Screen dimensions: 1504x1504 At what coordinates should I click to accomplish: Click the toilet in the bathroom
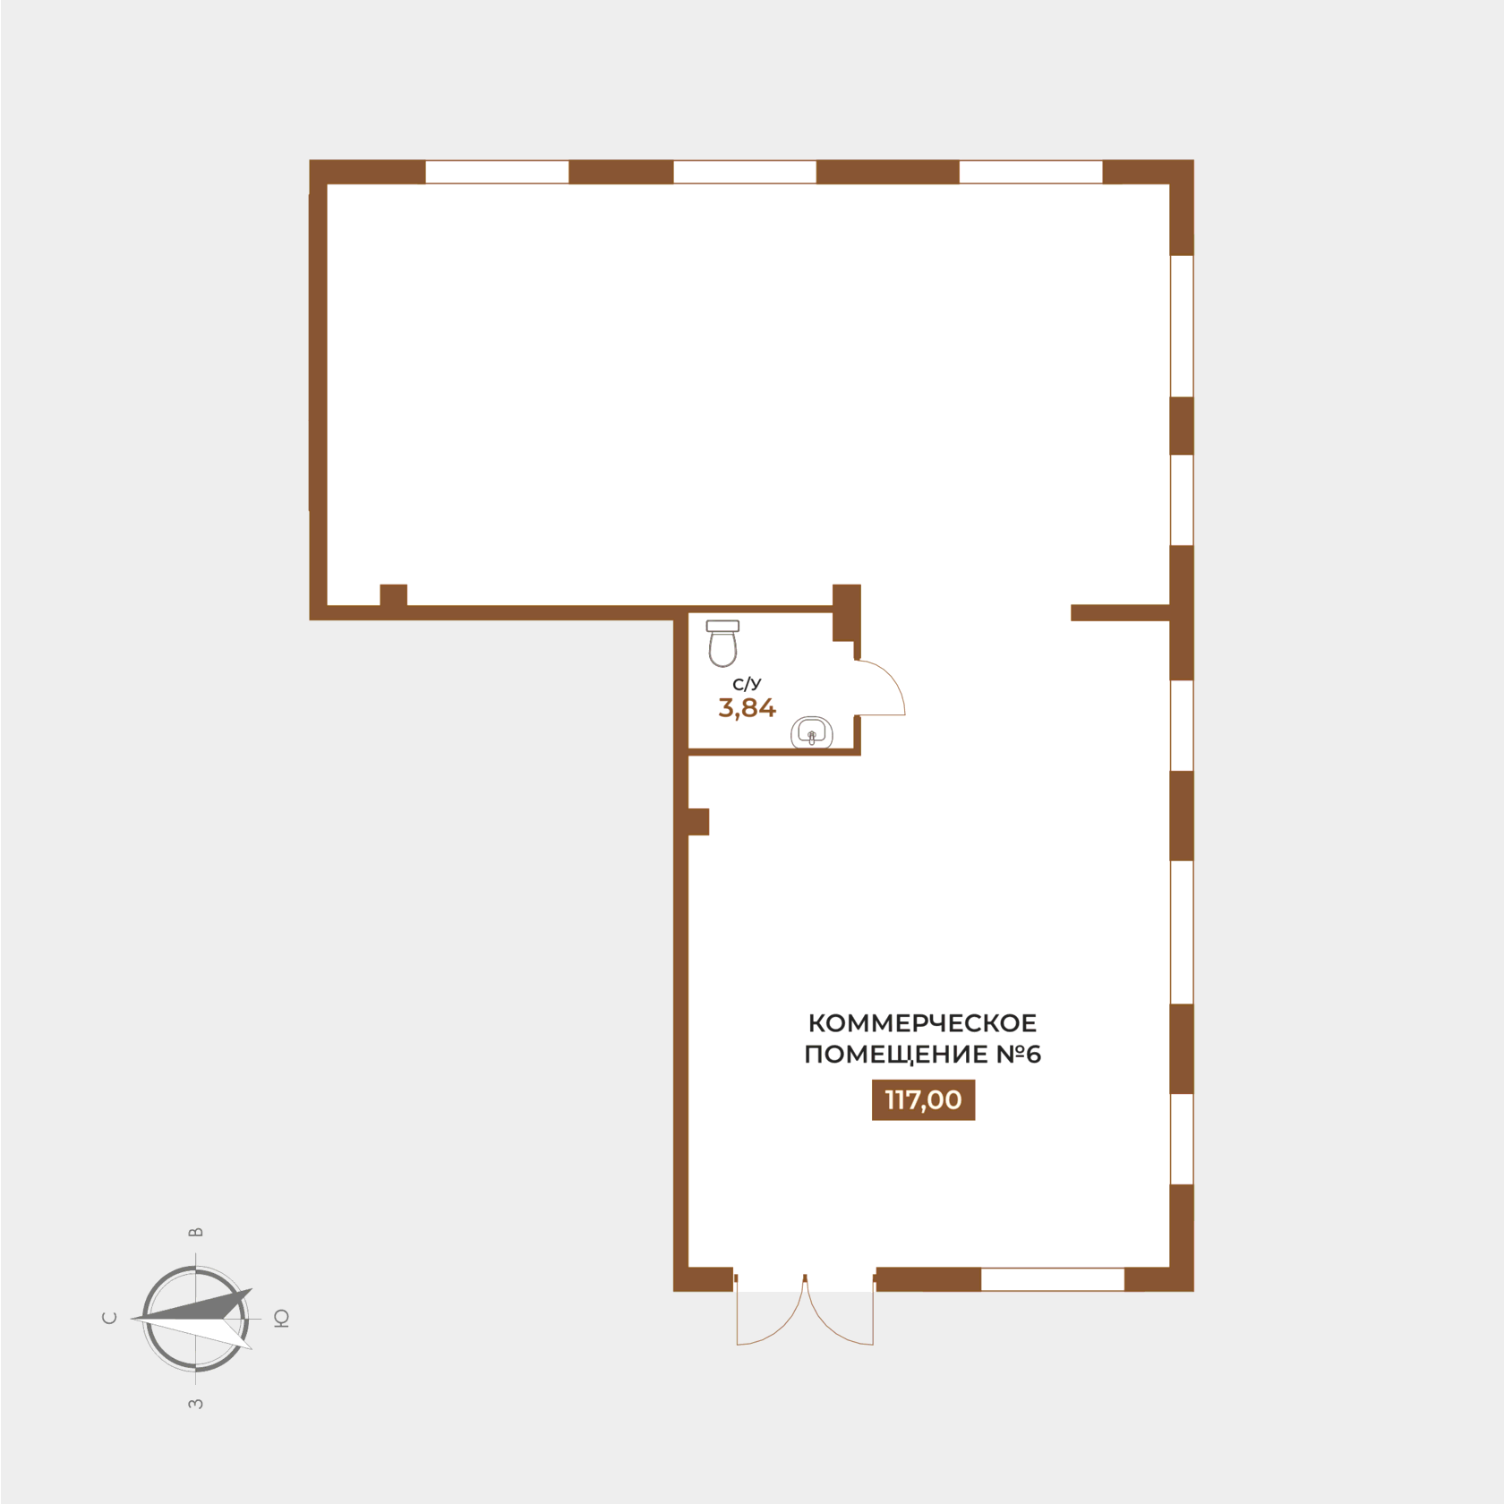coord(722,644)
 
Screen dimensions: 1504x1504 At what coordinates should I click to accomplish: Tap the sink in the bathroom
coord(812,733)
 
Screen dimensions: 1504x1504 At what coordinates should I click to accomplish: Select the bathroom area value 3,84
coord(747,708)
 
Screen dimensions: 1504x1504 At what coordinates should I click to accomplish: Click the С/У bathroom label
coord(747,684)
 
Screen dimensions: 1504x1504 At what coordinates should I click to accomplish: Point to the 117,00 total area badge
coord(923,1099)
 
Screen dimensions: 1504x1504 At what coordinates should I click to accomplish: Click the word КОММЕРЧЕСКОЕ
coord(922,1022)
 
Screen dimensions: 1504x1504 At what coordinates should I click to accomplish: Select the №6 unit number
coord(1019,1054)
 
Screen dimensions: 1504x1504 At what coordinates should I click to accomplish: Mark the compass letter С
coord(110,1318)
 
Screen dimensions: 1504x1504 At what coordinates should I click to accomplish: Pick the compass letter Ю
coord(281,1318)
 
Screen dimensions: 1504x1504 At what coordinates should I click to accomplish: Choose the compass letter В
coord(196,1233)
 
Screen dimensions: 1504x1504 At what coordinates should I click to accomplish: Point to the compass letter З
coord(196,1404)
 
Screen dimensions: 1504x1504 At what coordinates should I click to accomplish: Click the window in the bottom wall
coord(1053,1279)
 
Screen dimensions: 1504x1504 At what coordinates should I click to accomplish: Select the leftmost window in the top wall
coord(497,172)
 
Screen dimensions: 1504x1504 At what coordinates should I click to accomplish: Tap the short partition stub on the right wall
coord(1121,612)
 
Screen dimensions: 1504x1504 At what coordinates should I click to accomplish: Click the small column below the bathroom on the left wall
coord(698,822)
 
